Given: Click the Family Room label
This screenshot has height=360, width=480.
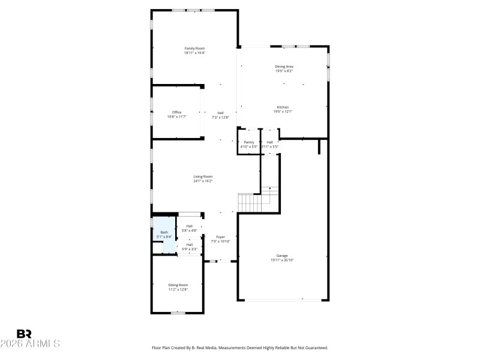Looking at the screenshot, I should tap(194, 48).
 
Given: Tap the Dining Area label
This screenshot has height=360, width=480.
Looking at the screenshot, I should tap(284, 66).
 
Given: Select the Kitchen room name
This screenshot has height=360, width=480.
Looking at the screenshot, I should tap(283, 107).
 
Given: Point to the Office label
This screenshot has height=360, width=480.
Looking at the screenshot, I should tap(176, 112).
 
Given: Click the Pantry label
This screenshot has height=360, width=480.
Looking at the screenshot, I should tap(248, 142).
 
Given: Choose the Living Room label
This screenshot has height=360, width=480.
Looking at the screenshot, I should tap(203, 176).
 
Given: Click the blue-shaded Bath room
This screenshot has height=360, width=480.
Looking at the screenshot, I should tap(164, 235).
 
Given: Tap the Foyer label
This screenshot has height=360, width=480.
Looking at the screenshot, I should tap(220, 237).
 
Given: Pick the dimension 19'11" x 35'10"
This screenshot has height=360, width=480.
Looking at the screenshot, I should tap(282, 260).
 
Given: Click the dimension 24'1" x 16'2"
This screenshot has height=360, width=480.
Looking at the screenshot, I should tap(203, 181).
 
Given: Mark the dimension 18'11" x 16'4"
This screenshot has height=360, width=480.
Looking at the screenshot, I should tap(194, 53).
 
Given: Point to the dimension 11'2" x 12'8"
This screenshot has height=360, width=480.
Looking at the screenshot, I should tap(178, 289).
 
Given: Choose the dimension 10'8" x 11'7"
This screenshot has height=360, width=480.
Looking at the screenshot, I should tap(176, 117).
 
